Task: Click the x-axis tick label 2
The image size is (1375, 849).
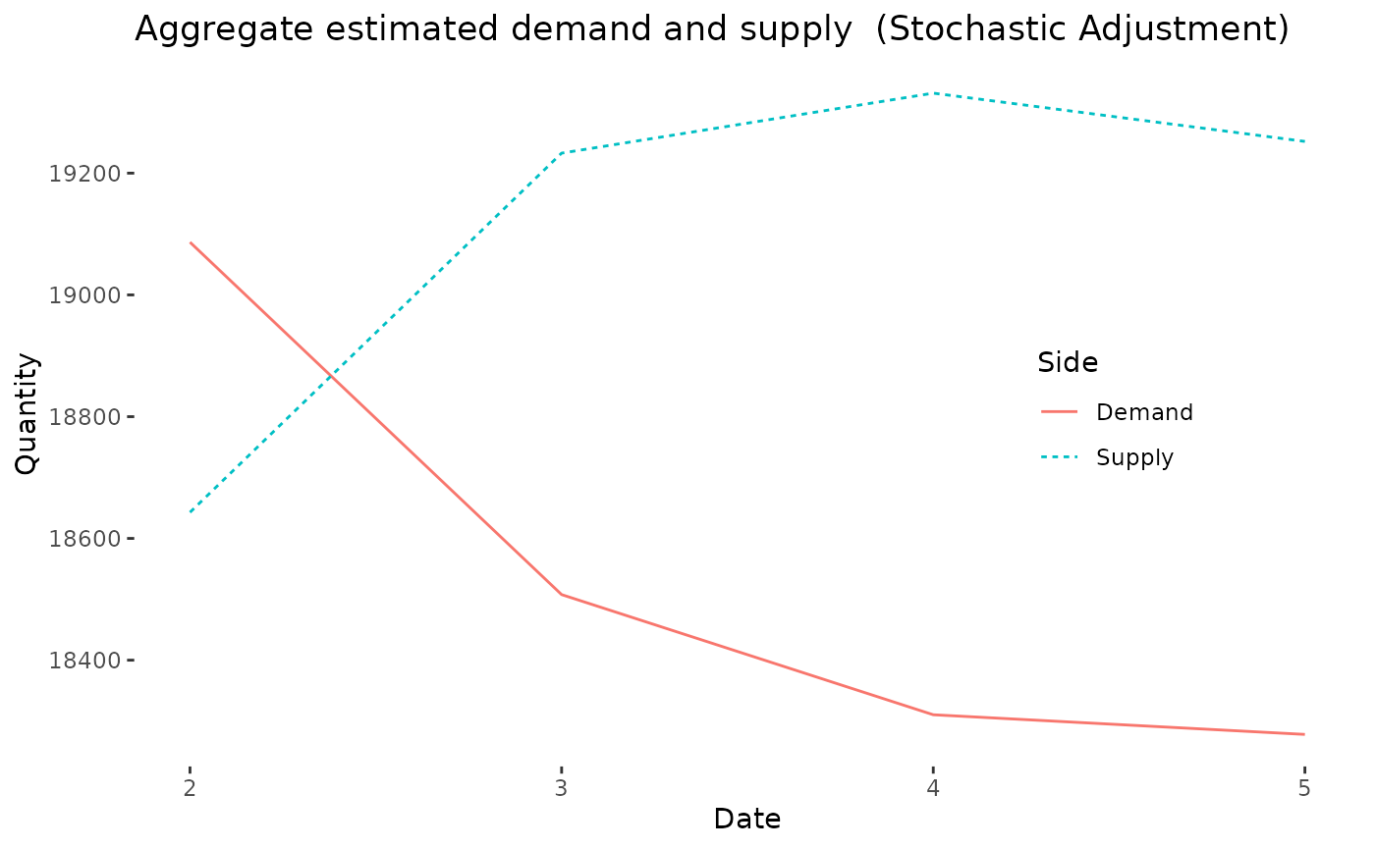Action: (190, 788)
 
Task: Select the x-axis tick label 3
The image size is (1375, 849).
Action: (562, 788)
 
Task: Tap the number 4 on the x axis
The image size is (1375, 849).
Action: (933, 788)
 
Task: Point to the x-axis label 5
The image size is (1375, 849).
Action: (1304, 788)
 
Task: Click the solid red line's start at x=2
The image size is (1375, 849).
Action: (190, 241)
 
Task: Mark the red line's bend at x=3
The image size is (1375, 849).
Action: (562, 595)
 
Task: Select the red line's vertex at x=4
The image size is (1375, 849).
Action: (933, 715)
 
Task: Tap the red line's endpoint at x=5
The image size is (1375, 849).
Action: (1304, 734)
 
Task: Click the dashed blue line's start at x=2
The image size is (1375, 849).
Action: (190, 511)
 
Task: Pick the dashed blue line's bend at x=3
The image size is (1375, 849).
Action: (562, 153)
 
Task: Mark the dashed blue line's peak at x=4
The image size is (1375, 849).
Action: (933, 93)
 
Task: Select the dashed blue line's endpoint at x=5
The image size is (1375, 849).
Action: (1304, 141)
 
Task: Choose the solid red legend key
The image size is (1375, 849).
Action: (1060, 411)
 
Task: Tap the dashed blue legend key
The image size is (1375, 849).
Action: (1060, 457)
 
